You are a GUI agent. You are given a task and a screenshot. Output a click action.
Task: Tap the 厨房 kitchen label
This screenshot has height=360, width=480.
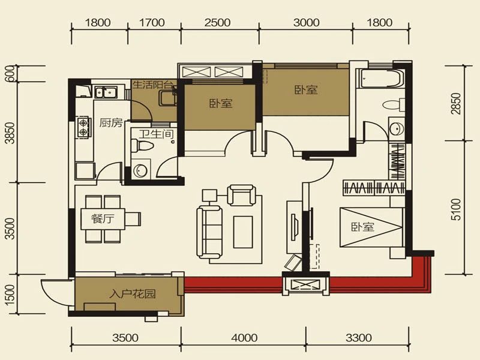point(111,123)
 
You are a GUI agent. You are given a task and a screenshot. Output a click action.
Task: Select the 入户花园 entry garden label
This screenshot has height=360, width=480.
point(133,294)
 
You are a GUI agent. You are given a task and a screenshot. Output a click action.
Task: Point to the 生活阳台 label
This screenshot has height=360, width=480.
point(154,85)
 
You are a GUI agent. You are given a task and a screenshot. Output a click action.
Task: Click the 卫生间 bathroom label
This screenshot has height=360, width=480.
point(157,134)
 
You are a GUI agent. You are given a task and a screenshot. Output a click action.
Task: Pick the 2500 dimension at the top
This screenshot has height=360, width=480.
point(217,22)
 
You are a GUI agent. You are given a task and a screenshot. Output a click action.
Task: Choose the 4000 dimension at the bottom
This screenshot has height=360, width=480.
point(244,338)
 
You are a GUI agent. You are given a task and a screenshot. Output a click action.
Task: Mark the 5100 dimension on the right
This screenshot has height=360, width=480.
point(456,209)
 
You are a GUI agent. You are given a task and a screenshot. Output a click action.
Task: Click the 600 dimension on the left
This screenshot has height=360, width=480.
point(10,73)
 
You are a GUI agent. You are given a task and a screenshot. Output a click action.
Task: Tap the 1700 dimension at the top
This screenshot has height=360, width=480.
point(152,22)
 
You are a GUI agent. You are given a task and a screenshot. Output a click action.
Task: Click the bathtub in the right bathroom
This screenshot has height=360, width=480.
point(380,79)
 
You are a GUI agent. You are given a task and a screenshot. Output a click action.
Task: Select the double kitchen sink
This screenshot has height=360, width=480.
point(106,92)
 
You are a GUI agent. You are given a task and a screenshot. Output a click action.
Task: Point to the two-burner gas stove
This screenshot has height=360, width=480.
point(83,127)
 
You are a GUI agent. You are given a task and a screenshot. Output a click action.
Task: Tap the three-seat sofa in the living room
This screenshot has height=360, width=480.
point(209,232)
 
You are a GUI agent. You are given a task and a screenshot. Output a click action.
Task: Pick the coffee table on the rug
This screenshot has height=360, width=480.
point(243,232)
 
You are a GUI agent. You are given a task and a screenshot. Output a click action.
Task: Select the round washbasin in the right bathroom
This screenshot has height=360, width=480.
point(395,128)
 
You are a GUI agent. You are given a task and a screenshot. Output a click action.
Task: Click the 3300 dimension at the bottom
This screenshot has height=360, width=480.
point(358,338)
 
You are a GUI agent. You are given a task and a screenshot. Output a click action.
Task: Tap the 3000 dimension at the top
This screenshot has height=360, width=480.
point(306,22)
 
